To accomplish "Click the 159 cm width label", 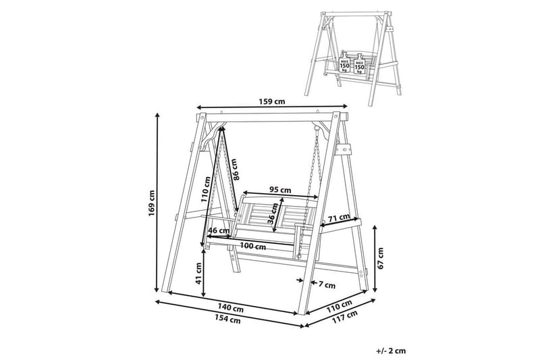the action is pos(272,101).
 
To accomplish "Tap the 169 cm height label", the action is pos(152,203).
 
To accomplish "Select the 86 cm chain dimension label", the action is pos(234,169).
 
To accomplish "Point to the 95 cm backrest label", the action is pos(280,190).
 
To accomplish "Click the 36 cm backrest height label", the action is pos(273,213).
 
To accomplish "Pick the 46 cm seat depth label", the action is pos(218,230).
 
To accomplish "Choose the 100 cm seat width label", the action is pos(252,247).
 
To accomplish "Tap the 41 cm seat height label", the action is pos(198,274).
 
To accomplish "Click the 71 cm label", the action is pos(339,218).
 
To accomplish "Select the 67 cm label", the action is pos(380,258).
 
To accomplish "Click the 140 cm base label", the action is pos(230,307).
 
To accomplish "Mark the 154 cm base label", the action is pos(227,319).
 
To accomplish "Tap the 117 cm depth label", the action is pos(344,317).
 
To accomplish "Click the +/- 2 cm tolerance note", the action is pos(391,351).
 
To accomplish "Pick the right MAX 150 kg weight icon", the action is pos(359,63).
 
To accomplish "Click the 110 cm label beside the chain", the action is pos(207,190).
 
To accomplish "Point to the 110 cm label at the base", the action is pos(340,306).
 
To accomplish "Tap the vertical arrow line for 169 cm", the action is pos(158,202).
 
